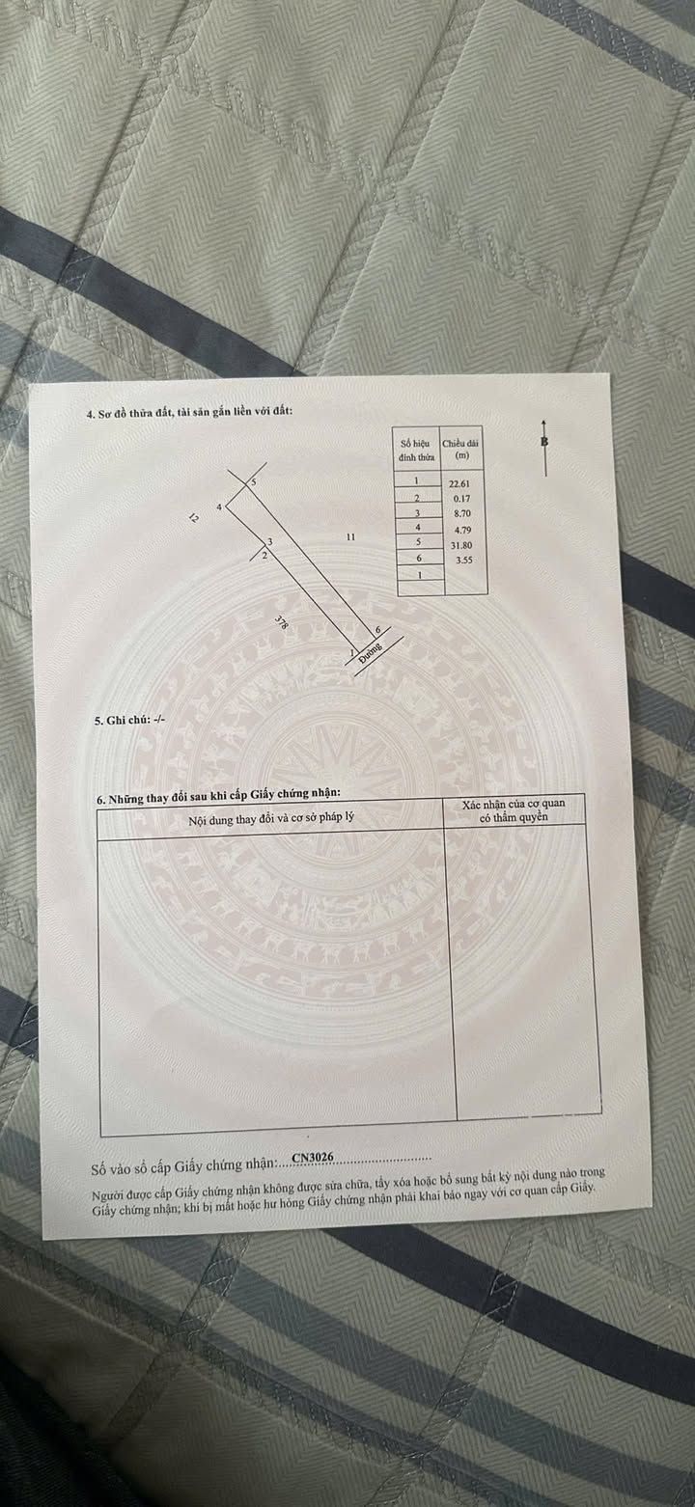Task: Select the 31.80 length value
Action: tap(459, 544)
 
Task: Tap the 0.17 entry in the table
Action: tap(460, 498)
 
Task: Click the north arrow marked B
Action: tap(545, 445)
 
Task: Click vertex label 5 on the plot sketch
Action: tap(254, 481)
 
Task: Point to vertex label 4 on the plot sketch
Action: tap(220, 507)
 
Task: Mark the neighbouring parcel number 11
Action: tap(350, 536)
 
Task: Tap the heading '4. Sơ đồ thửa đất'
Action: tap(189, 413)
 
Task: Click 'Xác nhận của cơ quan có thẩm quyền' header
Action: tap(514, 810)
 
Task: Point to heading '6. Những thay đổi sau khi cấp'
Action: tap(219, 797)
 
